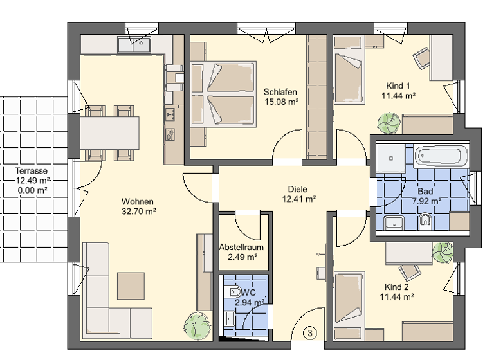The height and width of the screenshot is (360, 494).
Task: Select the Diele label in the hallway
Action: pyautogui.click(x=297, y=189)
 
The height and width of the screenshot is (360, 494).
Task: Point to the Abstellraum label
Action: pyautogui.click(x=241, y=247)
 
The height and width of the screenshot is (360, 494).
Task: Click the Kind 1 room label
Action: pyautogui.click(x=398, y=86)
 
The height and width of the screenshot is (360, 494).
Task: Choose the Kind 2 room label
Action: pyautogui.click(x=396, y=287)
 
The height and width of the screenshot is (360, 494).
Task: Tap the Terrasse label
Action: pyautogui.click(x=32, y=171)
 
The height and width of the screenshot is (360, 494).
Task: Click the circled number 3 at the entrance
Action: pyautogui.click(x=310, y=332)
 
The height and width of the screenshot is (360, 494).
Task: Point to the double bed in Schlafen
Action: pyautogui.click(x=223, y=93)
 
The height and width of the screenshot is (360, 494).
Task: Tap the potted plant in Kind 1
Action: pyautogui.click(x=389, y=121)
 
